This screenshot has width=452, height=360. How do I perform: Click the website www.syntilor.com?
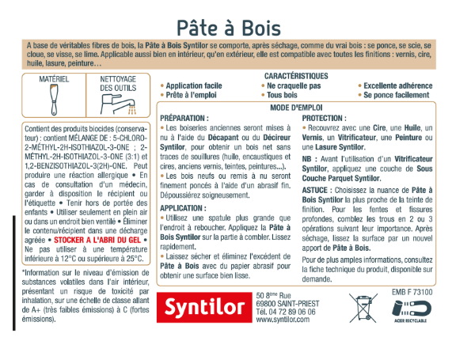tap(278, 321)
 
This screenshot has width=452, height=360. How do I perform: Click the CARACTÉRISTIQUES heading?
tap(298, 75)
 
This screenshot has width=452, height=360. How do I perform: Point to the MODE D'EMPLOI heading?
tap(298, 106)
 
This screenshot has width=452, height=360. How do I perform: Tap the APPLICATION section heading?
tap(185, 208)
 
